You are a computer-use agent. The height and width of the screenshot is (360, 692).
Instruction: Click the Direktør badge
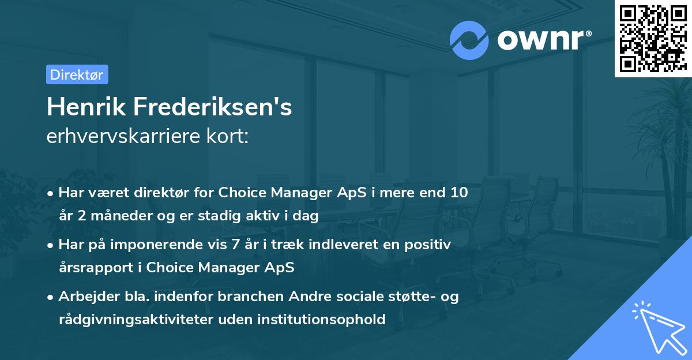pos(77,74)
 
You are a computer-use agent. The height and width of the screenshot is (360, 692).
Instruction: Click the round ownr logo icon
pos(469,40)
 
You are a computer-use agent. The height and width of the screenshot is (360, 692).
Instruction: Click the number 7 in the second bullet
pos(235,244)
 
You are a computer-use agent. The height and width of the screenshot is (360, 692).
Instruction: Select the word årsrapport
pos(99,268)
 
